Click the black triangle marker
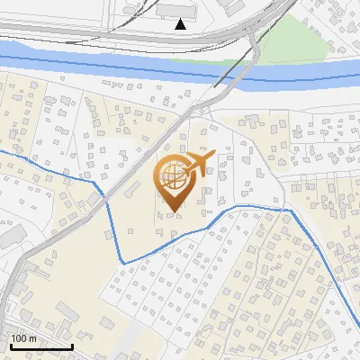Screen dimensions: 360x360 (181, 24)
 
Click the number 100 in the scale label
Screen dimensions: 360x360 (19, 338)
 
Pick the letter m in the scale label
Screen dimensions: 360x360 (31, 338)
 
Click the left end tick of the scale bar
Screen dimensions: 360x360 (11, 345)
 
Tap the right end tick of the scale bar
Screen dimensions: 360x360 (72, 345)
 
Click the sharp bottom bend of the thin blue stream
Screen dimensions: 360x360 (123, 262)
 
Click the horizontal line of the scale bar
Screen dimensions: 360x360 (41, 346)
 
